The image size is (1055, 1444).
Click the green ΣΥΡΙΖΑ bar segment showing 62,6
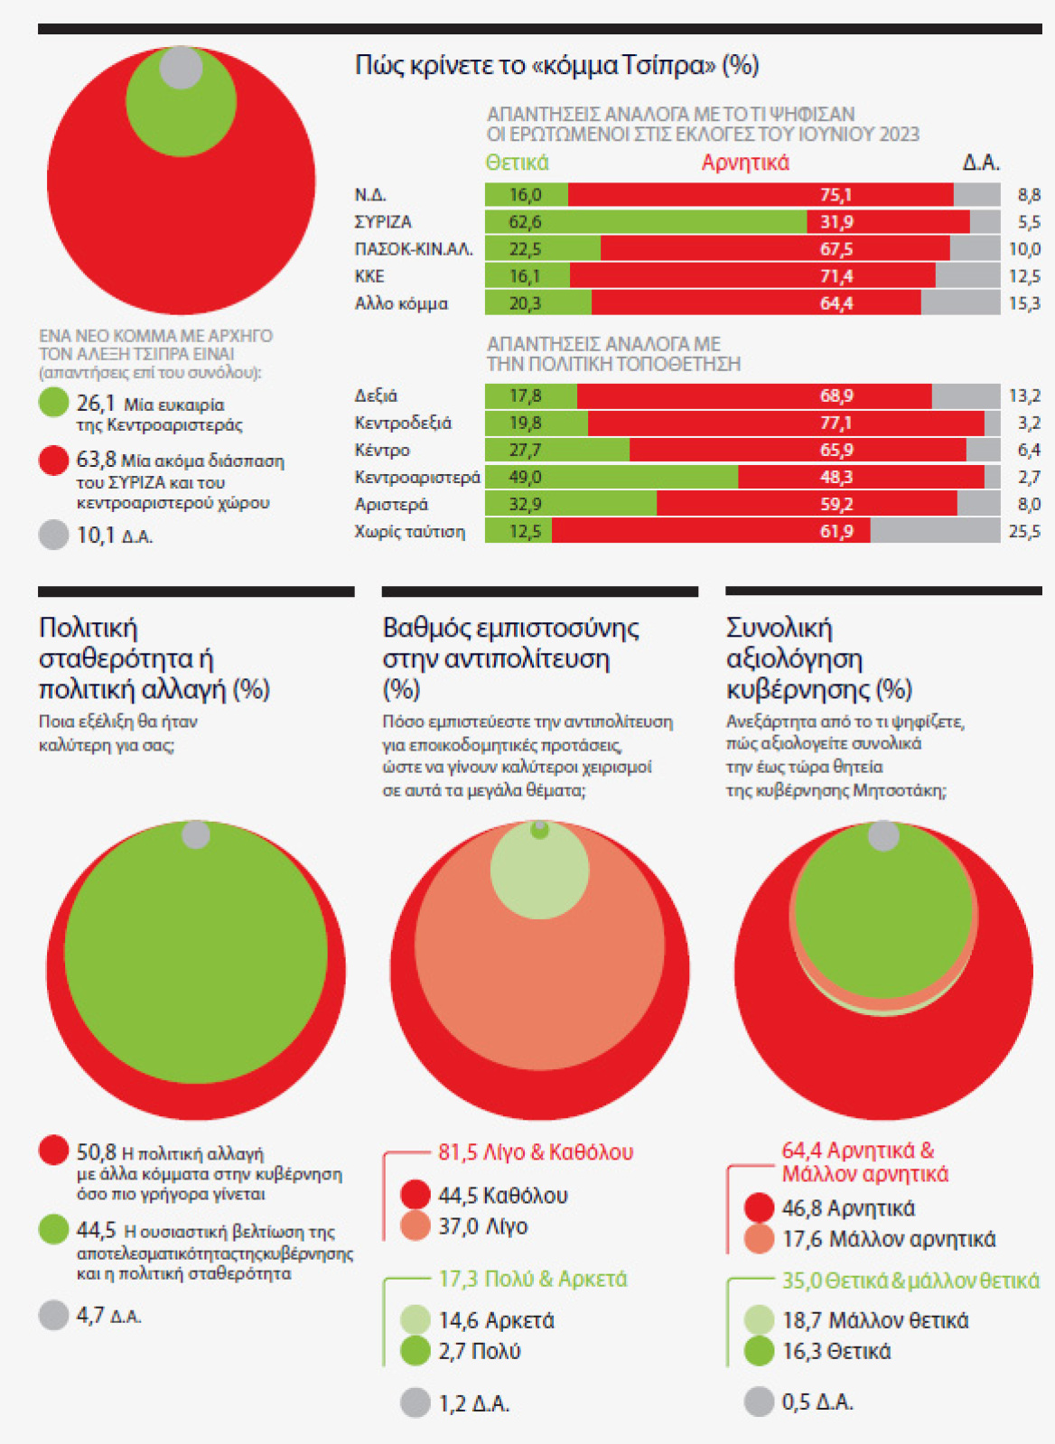click(645, 222)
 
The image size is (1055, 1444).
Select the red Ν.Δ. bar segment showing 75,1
click(761, 195)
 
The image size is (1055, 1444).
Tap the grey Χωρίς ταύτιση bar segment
click(935, 531)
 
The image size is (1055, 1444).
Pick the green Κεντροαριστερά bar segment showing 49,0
click(612, 477)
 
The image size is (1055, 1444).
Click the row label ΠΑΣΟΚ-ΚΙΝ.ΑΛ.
click(414, 249)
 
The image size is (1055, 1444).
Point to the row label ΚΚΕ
click(369, 276)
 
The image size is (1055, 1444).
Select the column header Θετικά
click(517, 163)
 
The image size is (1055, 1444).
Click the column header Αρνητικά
click(745, 163)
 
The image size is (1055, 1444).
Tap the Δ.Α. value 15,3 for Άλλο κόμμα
click(1024, 303)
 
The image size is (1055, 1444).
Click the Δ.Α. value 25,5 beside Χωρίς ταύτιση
click(1024, 531)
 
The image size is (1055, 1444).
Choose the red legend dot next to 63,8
click(54, 461)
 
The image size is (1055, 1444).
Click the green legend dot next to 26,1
click(54, 403)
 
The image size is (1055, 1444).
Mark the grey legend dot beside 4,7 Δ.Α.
click(54, 1316)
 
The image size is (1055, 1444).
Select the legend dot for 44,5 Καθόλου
click(415, 1195)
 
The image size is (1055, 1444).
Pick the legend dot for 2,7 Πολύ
click(415, 1351)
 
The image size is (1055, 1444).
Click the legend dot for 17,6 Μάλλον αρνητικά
click(759, 1239)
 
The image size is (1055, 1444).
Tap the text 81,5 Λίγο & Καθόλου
click(536, 1152)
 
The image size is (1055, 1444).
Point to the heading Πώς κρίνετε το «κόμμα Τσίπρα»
click(556, 65)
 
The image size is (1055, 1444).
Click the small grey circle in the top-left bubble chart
click(181, 67)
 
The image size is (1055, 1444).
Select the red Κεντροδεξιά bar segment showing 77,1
click(786, 423)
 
